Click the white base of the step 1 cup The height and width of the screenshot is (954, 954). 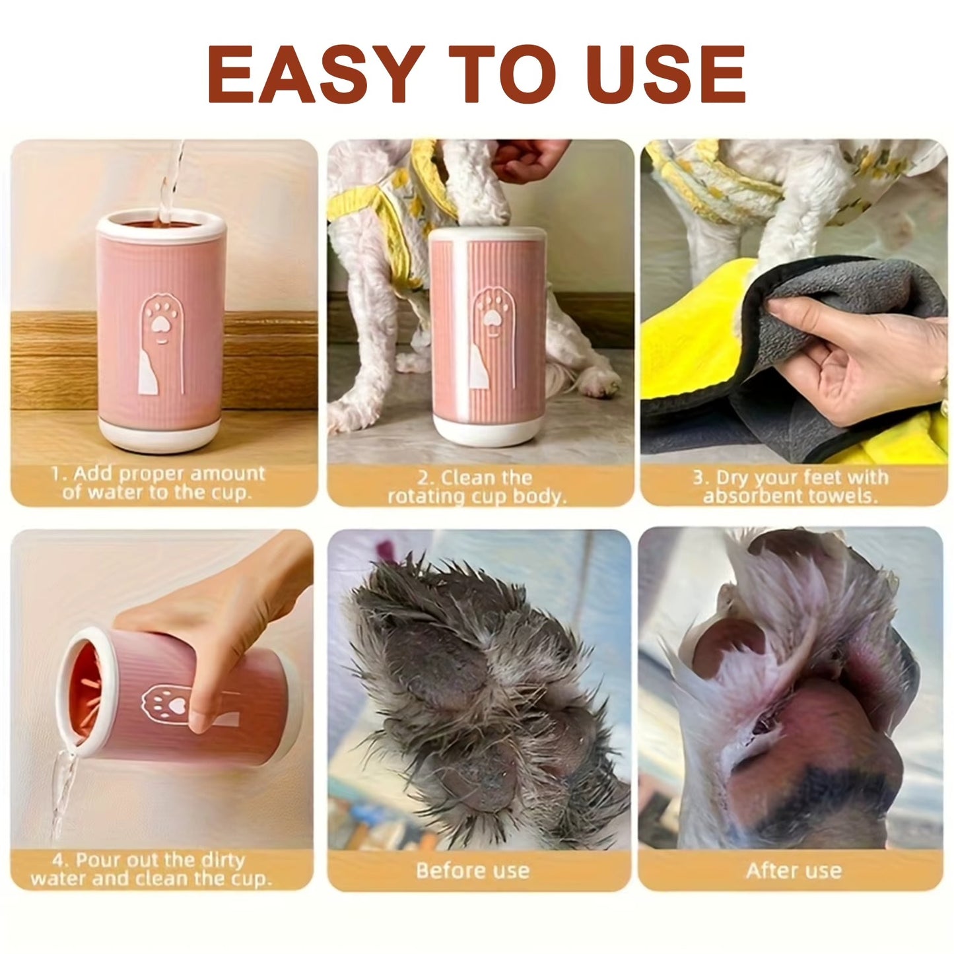[x=158, y=436]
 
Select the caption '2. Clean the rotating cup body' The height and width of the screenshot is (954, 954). [x=477, y=487]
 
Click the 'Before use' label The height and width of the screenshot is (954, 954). [x=473, y=870]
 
